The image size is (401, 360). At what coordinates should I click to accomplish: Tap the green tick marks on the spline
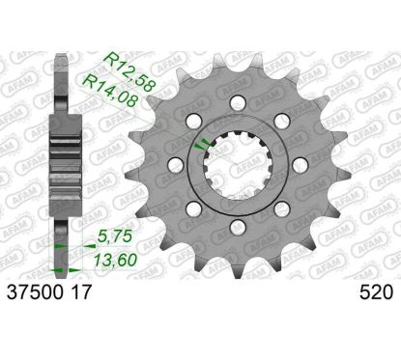202,144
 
